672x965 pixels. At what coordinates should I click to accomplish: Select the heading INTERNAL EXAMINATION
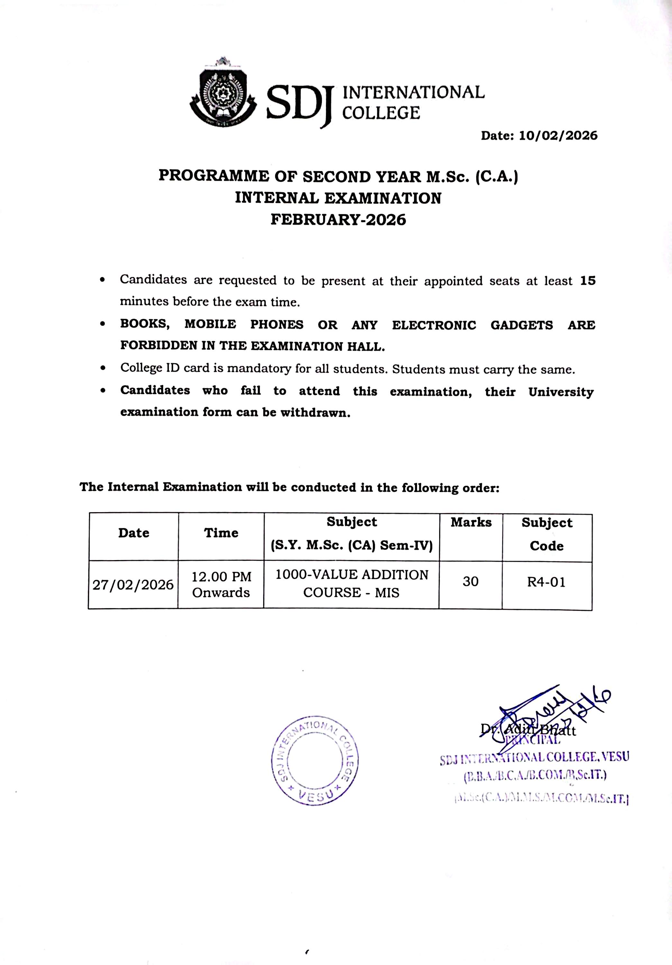coord(338,197)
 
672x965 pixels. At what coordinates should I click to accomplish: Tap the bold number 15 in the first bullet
coord(588,281)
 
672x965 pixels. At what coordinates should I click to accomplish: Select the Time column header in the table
coord(221,533)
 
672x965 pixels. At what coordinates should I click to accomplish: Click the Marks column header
coord(471,522)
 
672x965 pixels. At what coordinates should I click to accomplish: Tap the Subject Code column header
coord(547,534)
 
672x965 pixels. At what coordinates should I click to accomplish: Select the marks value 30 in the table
coord(470,581)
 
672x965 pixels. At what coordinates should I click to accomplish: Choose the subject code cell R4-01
coord(546,582)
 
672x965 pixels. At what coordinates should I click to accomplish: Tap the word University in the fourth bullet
coord(561,392)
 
